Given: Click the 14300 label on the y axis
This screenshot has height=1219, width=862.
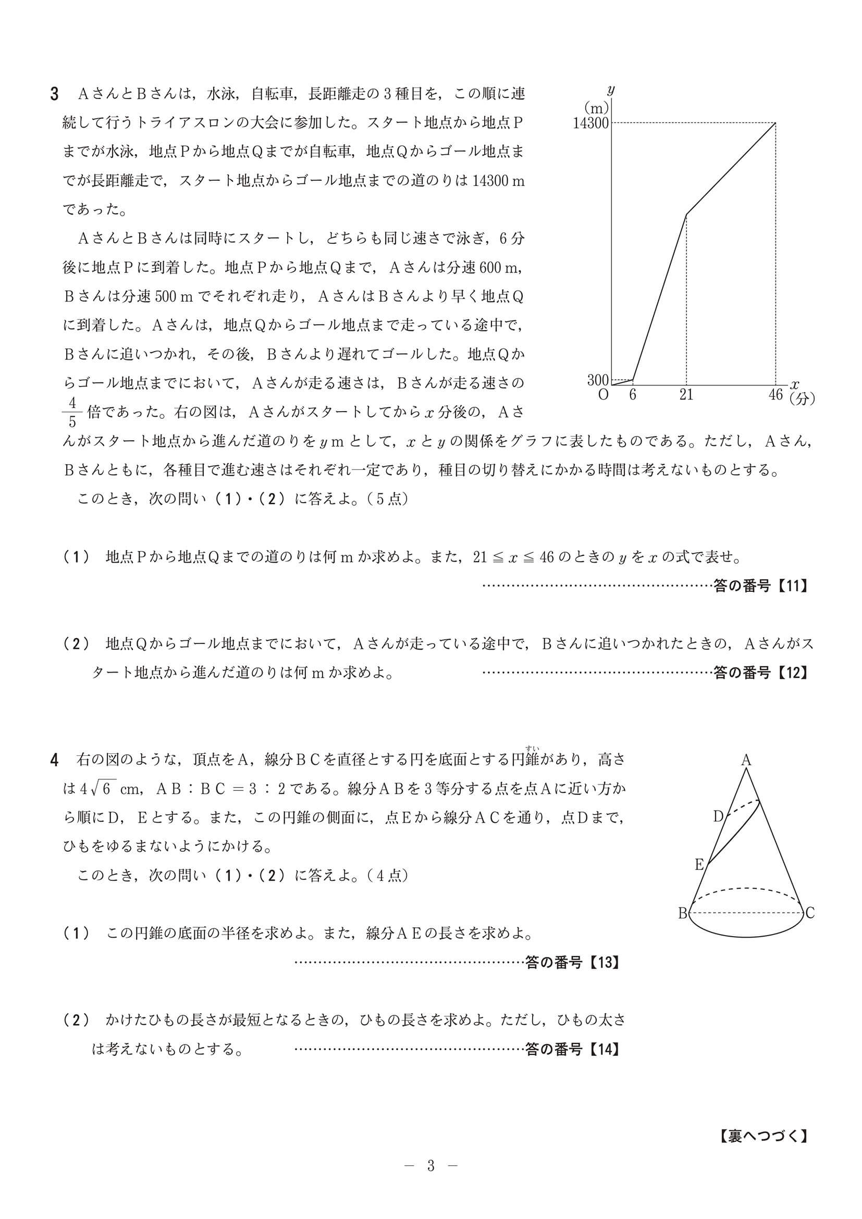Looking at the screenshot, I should pyautogui.click(x=590, y=123).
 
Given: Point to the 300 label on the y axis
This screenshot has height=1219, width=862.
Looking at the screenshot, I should pyautogui.click(x=597, y=380).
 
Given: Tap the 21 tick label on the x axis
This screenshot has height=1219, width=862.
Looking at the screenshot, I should pyautogui.click(x=686, y=395).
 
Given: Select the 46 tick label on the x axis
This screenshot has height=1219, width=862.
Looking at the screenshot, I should pyautogui.click(x=775, y=394).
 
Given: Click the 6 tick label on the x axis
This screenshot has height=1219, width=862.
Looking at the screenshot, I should pyautogui.click(x=633, y=395).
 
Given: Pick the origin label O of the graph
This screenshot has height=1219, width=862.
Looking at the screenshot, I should pyautogui.click(x=604, y=395).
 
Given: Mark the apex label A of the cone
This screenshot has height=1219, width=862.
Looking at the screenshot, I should pyautogui.click(x=746, y=760).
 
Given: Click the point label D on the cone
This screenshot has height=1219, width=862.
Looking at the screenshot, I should pyautogui.click(x=718, y=816).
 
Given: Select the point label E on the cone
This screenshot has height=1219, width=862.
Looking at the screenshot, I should pyautogui.click(x=699, y=865).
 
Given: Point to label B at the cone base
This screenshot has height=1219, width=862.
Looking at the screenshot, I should pyautogui.click(x=683, y=913).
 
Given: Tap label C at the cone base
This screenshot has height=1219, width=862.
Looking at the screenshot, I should pyautogui.click(x=810, y=913).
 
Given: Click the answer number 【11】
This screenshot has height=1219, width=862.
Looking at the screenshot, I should pyautogui.click(x=792, y=586).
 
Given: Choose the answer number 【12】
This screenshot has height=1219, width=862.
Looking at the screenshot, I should pyautogui.click(x=792, y=673).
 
